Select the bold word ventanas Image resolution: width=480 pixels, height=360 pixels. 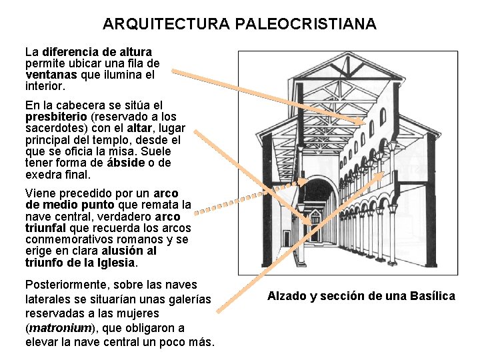[51, 75]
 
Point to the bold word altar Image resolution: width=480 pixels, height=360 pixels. [139, 129]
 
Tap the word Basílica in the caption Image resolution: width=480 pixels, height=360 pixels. [429, 296]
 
